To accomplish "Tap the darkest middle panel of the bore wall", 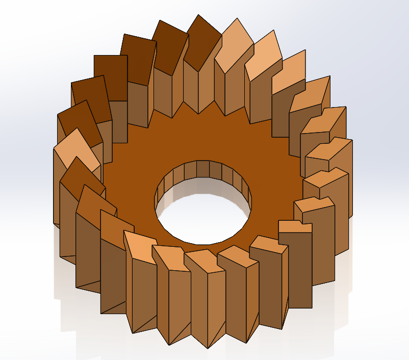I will coord(202,168).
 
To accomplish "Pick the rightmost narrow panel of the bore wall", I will coord(249,191).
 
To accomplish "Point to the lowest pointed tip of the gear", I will coord(208,348).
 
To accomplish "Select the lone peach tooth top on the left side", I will coord(78,150).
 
